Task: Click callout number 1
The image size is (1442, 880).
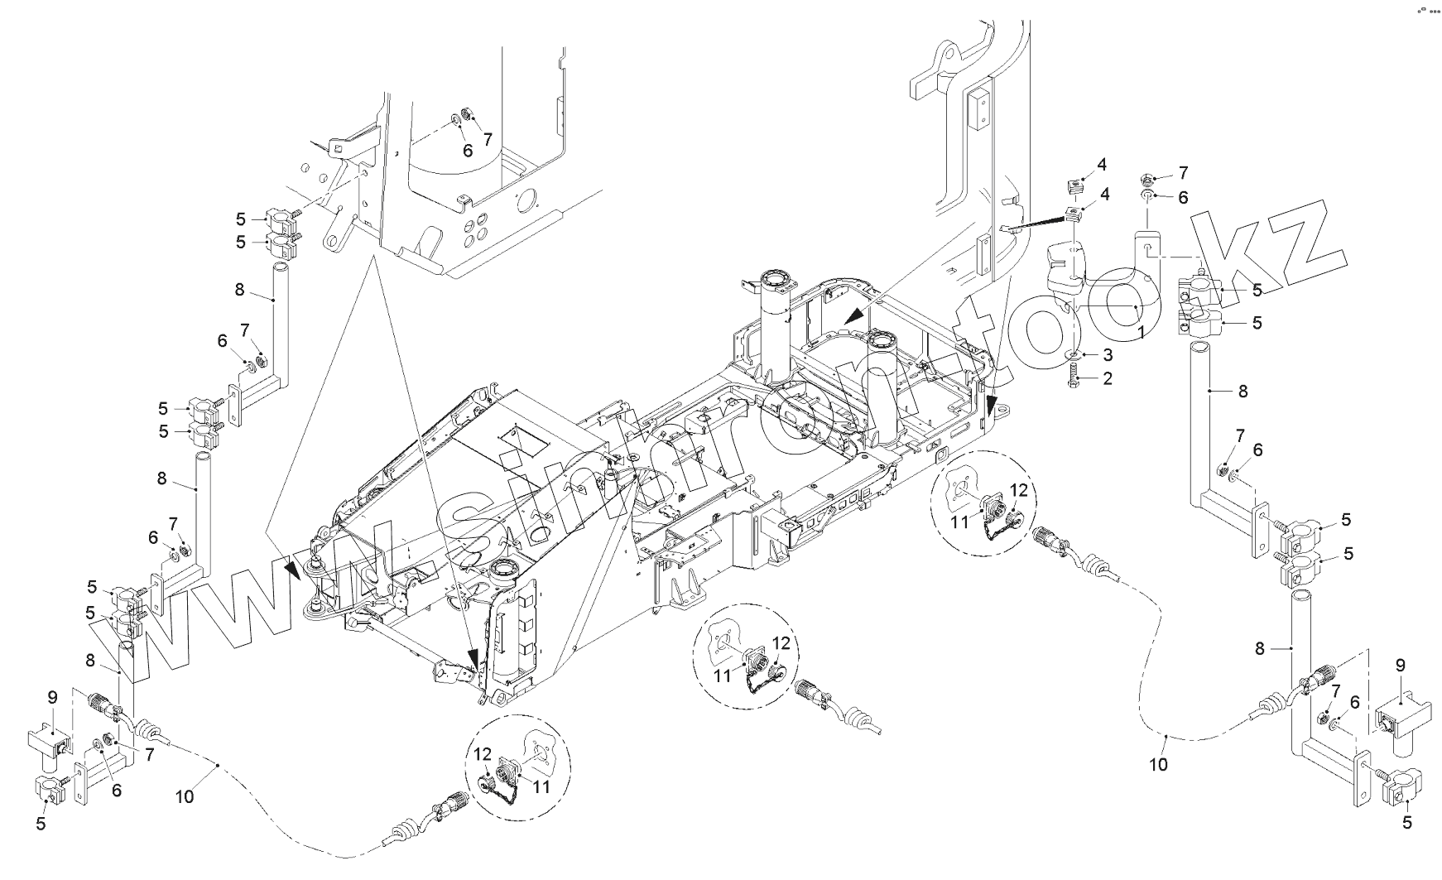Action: click(1141, 330)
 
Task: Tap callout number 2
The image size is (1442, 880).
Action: click(1107, 379)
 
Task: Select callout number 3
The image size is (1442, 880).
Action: click(1107, 354)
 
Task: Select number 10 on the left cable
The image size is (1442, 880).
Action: click(185, 796)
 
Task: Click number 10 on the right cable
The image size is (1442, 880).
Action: click(1158, 764)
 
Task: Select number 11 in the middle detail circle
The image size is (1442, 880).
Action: click(723, 676)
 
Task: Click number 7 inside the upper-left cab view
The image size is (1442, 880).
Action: click(488, 137)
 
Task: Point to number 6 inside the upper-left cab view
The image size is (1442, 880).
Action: click(468, 151)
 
